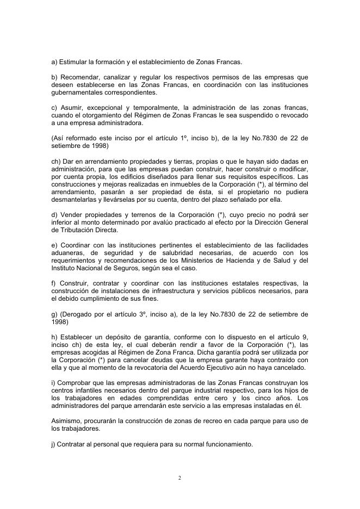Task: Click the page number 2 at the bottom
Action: pos(179,478)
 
